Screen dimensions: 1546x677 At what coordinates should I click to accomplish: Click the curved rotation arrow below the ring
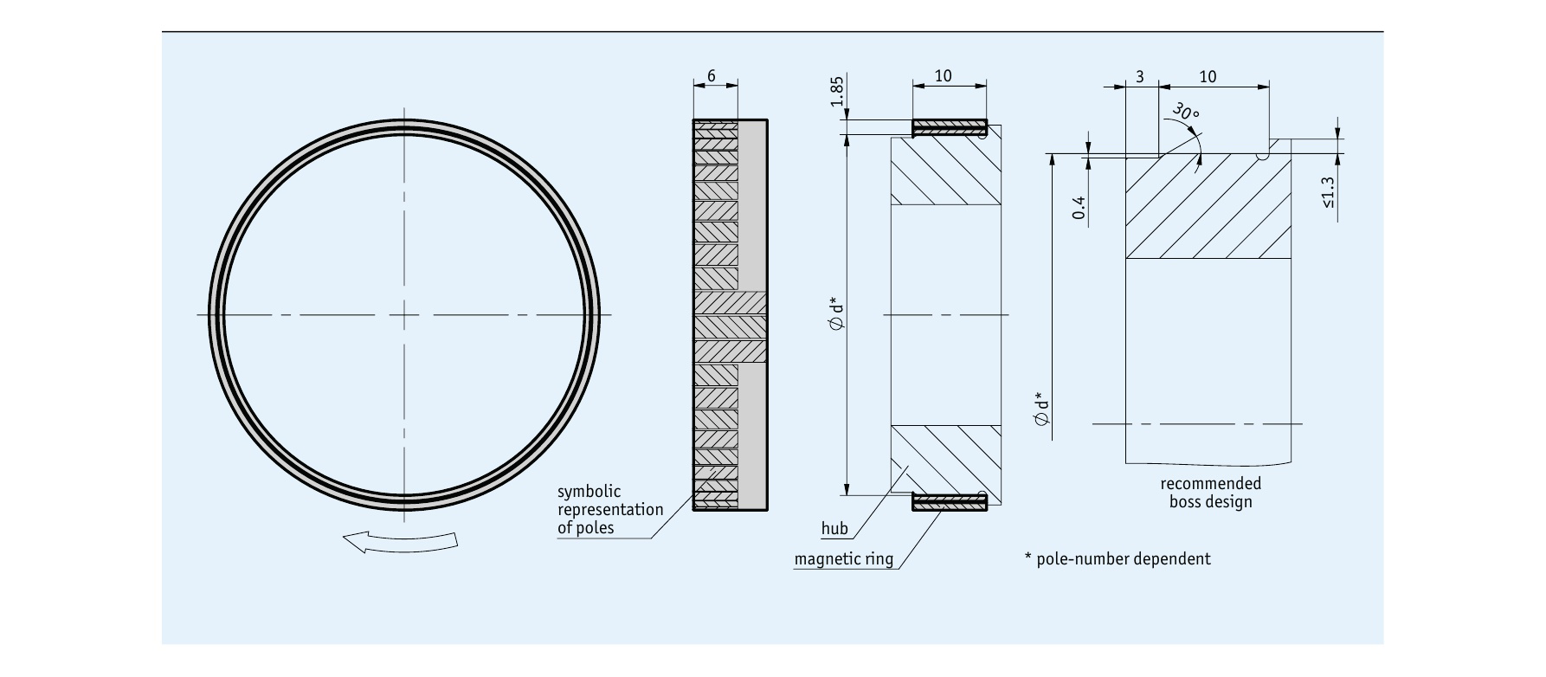400,543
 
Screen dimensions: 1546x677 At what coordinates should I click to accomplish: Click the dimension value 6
712,76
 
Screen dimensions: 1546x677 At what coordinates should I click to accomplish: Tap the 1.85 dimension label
836,92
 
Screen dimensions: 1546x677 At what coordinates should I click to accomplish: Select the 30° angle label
1186,113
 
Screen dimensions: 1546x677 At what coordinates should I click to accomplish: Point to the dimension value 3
1140,77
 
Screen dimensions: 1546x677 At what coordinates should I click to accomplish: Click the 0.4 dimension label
1079,207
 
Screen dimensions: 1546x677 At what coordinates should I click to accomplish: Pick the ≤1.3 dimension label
1328,194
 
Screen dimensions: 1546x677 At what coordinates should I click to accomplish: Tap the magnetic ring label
844,559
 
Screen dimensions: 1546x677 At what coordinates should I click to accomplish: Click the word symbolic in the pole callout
589,492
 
